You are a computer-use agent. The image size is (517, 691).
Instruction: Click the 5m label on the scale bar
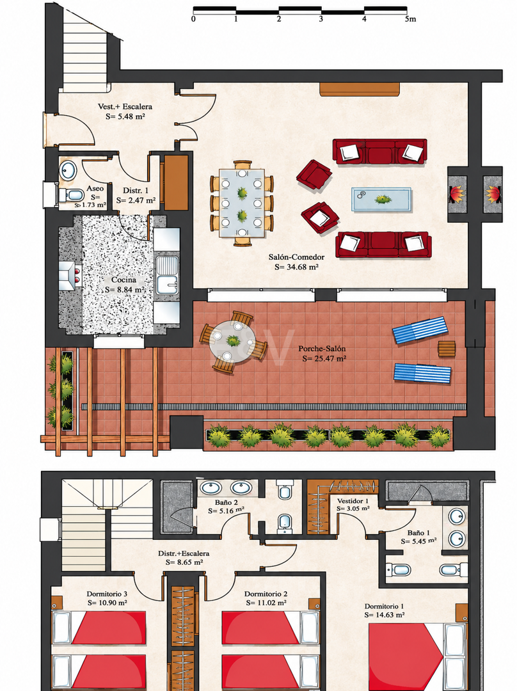point(410,19)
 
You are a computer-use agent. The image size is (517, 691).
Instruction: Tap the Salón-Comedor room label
point(297,257)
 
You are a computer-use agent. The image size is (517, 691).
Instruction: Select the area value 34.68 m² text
point(297,267)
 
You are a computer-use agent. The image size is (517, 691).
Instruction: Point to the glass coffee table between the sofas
point(381,200)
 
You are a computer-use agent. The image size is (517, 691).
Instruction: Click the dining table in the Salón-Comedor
point(242,203)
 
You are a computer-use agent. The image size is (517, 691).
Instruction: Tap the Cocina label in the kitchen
point(124,280)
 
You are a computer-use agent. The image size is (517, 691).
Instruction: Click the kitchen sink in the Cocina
point(167,275)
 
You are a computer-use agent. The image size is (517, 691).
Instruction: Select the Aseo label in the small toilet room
point(95,189)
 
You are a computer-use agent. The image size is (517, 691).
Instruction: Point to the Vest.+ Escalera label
point(125,107)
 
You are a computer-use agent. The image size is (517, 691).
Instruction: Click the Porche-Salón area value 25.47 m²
point(324,359)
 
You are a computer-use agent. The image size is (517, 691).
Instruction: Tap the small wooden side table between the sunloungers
point(447,349)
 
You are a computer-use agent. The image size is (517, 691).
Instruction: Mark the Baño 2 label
point(227,502)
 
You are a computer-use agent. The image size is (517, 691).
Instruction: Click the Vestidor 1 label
point(353,501)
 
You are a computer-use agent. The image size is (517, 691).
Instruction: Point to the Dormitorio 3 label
point(107,594)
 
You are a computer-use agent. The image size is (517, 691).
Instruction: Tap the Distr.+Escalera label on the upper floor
point(184,553)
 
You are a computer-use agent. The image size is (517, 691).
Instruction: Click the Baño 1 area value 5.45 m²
point(418,541)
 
